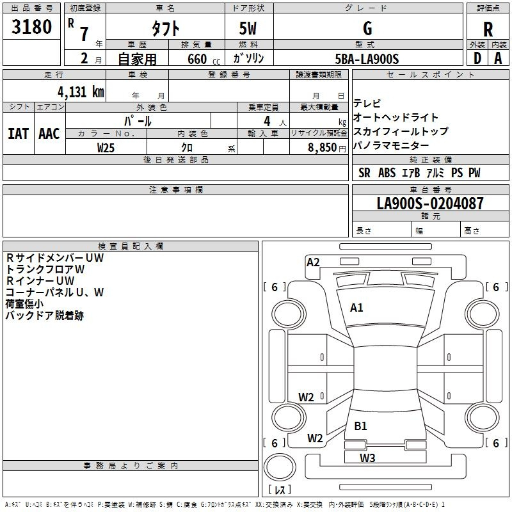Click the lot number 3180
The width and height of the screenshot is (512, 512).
[x=32, y=28]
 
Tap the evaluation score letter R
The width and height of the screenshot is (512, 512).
[x=488, y=29]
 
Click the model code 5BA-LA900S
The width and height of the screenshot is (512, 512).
[x=367, y=59]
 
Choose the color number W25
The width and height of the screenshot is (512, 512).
[x=106, y=147]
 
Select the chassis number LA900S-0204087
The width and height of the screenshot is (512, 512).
[x=429, y=204]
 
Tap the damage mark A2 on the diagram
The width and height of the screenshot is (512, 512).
[x=313, y=262]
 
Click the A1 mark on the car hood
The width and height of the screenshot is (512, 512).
[x=356, y=307]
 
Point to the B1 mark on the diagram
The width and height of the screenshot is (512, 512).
[x=360, y=426]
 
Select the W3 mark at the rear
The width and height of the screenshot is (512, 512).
[x=367, y=457]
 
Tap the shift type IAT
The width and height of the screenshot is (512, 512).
[x=18, y=134]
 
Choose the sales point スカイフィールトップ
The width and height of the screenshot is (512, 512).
[x=401, y=131]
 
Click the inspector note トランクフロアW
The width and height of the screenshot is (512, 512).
[x=45, y=269]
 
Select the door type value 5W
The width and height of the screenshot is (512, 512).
[x=248, y=29]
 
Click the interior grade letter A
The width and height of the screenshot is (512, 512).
[x=498, y=58]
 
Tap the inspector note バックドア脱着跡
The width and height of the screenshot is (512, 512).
[x=44, y=316]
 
